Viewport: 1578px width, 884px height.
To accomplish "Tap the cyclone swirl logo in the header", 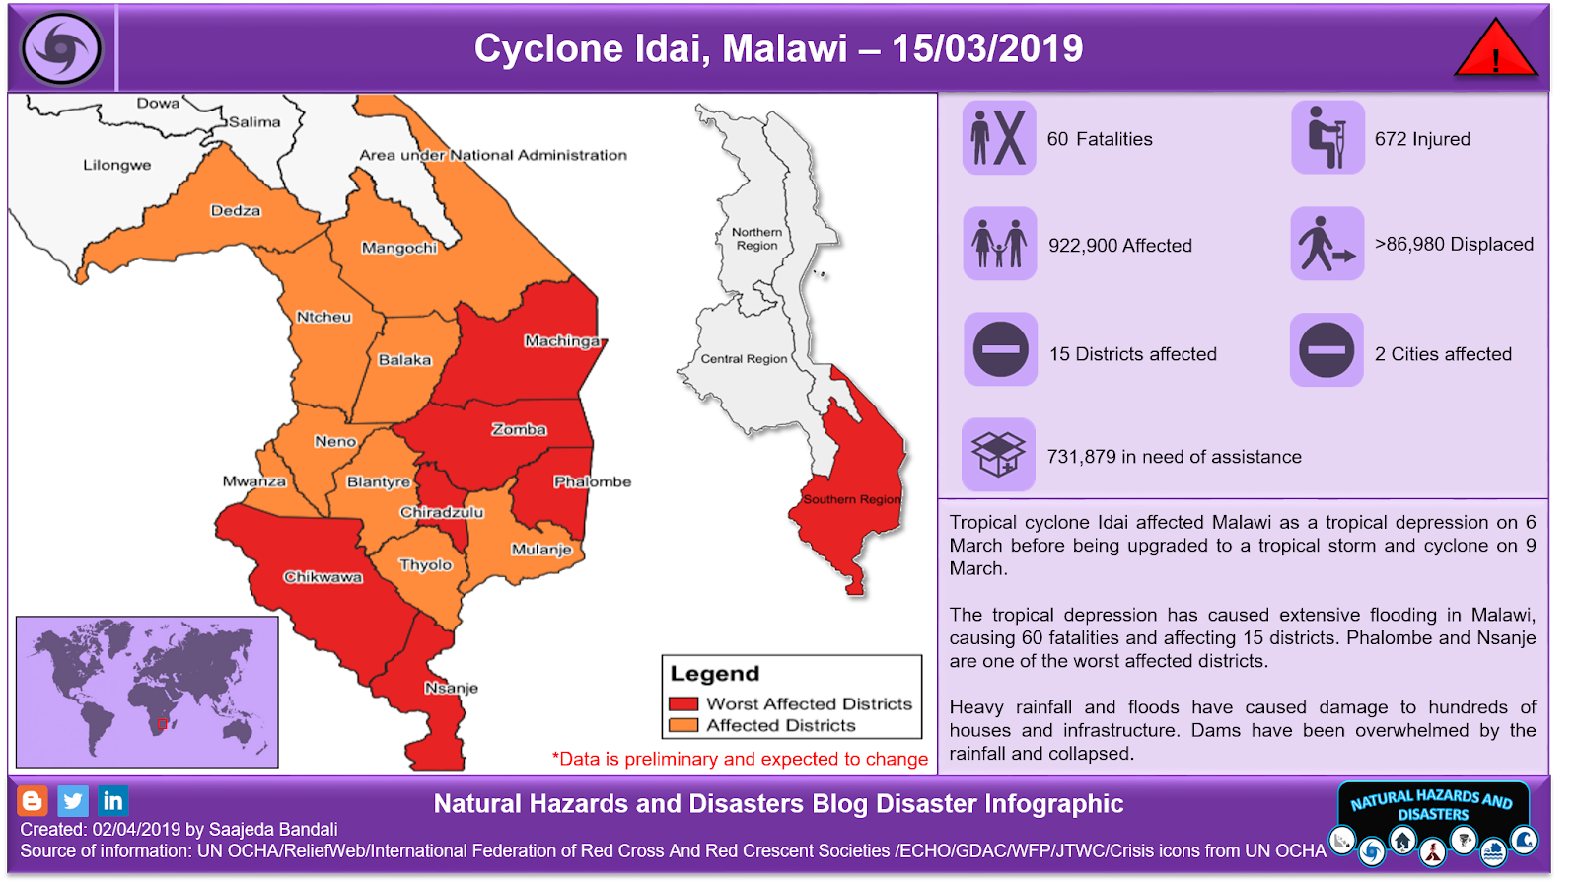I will [62, 48].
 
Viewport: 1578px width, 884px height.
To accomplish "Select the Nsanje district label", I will [451, 688].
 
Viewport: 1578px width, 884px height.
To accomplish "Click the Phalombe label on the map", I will [592, 481].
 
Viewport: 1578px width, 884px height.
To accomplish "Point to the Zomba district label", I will [519, 429].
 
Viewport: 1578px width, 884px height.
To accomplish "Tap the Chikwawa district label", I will [323, 577].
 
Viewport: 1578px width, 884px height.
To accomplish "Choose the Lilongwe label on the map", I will [116, 165].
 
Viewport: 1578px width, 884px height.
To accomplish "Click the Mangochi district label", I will [398, 248].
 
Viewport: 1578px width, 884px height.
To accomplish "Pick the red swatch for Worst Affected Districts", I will [682, 704].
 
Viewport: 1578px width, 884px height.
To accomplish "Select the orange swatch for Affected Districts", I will [682, 725].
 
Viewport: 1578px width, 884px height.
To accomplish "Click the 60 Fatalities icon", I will [999, 138].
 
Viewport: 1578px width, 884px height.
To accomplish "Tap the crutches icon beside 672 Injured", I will [1327, 138].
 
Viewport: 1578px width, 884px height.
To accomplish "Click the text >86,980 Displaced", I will [1454, 244].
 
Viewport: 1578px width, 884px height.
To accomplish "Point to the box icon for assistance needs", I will [998, 454].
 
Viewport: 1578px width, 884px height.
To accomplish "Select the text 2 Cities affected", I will [1443, 354].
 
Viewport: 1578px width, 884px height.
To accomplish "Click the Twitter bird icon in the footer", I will [73, 800].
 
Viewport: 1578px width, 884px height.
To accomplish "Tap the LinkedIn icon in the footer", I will [112, 800].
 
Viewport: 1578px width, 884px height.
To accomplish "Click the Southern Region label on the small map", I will [850, 499].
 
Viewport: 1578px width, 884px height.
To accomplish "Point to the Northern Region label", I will [756, 239].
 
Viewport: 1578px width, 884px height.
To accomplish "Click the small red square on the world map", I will [162, 724].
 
